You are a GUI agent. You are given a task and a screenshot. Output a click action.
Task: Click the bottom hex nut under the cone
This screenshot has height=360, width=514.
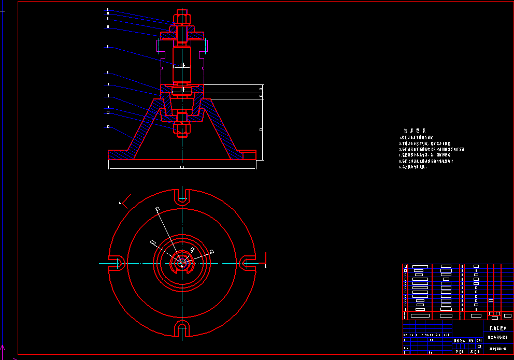click(181, 128)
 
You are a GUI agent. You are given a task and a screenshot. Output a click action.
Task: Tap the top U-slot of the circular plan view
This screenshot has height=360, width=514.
click(182, 195)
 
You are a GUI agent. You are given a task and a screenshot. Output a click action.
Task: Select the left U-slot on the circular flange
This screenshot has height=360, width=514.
click(116, 263)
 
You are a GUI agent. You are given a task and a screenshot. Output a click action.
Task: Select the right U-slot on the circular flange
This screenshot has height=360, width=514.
click(248, 263)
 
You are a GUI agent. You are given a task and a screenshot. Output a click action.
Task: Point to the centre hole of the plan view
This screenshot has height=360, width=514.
click(182, 263)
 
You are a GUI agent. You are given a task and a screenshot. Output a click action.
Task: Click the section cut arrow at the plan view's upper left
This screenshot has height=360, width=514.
click(125, 200)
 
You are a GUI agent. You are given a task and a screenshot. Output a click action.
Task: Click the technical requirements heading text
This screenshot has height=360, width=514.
click(415, 131)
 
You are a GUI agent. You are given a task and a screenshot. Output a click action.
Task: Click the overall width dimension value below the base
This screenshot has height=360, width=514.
click(182, 167)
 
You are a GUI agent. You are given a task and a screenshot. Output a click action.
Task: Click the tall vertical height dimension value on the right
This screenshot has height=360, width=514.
click(261, 129)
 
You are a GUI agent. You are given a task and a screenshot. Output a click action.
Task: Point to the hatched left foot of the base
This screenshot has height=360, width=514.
click(122, 155)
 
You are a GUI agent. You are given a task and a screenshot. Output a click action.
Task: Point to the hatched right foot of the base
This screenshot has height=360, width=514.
click(242, 155)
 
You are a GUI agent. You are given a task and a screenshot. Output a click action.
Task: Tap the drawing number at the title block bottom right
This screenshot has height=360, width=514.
click(498, 349)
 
